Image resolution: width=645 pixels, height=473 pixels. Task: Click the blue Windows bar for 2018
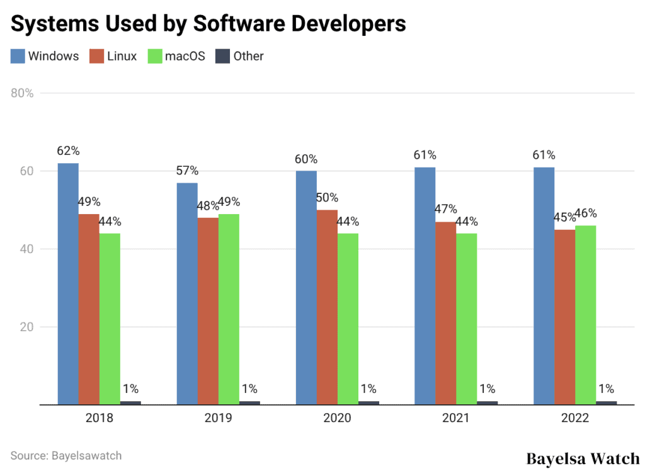click(x=68, y=283)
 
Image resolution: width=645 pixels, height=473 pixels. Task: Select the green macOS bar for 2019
click(x=229, y=309)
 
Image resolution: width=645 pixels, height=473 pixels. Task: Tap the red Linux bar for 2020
click(x=327, y=307)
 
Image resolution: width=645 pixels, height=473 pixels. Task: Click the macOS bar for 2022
click(x=585, y=315)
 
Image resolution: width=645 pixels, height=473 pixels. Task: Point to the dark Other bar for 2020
click(x=368, y=402)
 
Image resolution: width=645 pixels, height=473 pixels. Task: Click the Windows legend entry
click(x=45, y=56)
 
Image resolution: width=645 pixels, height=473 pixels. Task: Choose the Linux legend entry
click(x=113, y=56)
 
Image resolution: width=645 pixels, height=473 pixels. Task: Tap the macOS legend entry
click(x=176, y=56)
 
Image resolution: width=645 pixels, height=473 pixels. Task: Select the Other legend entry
click(x=240, y=56)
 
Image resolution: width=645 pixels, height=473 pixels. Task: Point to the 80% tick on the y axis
click(x=22, y=93)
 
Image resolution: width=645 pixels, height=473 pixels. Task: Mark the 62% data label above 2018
click(x=68, y=151)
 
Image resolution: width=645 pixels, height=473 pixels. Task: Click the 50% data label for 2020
click(x=327, y=198)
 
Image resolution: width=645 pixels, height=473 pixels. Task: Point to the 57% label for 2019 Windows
click(x=187, y=171)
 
